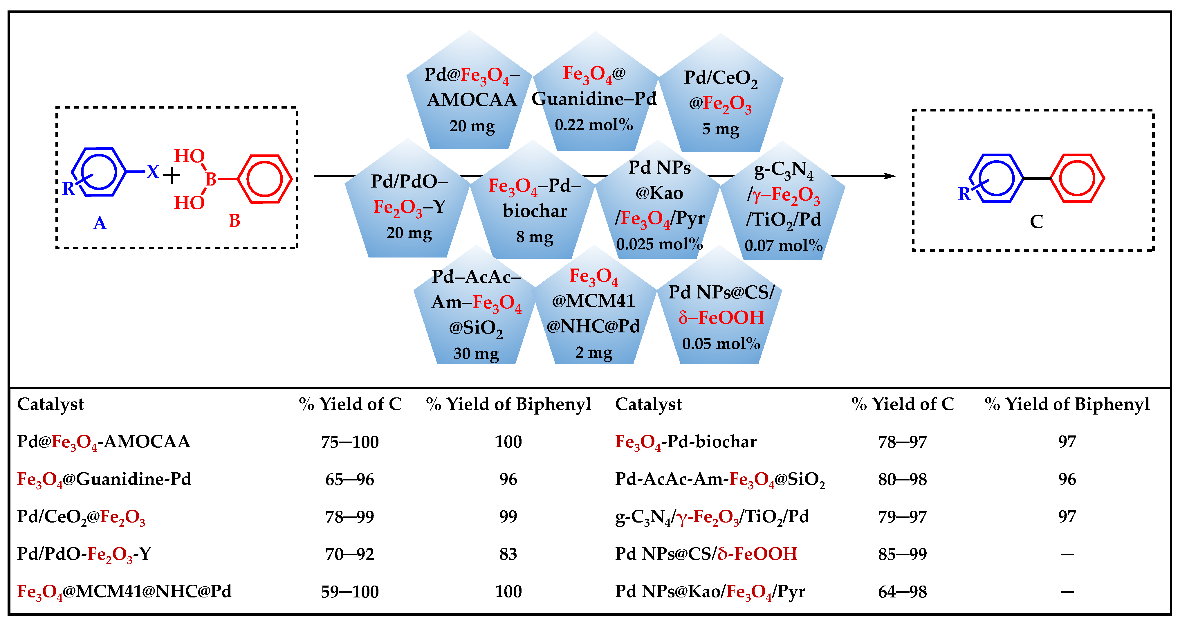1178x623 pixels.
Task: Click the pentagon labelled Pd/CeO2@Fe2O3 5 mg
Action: [x=721, y=101]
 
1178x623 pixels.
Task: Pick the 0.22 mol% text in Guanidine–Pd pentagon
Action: [x=593, y=125]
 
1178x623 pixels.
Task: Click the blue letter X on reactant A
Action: [x=153, y=172]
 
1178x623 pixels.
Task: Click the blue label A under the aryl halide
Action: [x=100, y=223]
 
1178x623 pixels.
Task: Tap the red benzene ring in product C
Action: [x=1077, y=178]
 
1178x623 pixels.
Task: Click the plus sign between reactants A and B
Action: [x=172, y=175]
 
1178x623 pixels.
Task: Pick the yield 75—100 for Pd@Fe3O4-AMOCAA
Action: [x=350, y=442]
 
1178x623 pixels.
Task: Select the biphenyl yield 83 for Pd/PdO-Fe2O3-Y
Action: [x=508, y=554]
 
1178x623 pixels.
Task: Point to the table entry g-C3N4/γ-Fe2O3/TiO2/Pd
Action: [x=712, y=517]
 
